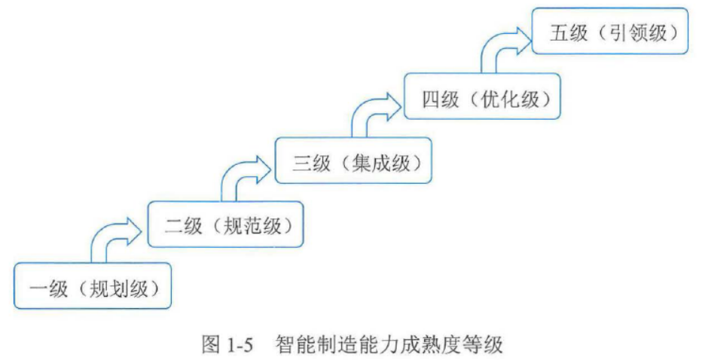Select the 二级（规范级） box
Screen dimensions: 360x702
(x=226, y=224)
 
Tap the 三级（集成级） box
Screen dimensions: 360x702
(x=353, y=160)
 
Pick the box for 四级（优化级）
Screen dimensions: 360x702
(x=482, y=96)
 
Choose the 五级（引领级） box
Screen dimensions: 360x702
(x=610, y=32)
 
